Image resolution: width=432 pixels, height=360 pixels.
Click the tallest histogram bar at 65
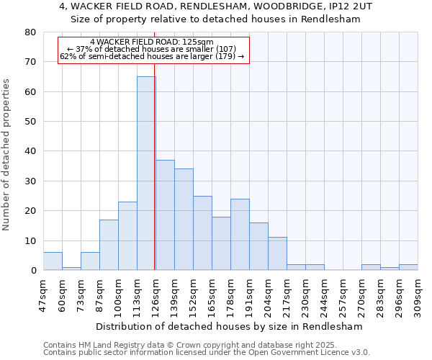tap(146, 173)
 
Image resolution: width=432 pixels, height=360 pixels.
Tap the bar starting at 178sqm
tap(240, 234)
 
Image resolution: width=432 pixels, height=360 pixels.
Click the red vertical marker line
tap(155, 144)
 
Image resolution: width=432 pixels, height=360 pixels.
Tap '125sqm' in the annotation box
tap(198, 42)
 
